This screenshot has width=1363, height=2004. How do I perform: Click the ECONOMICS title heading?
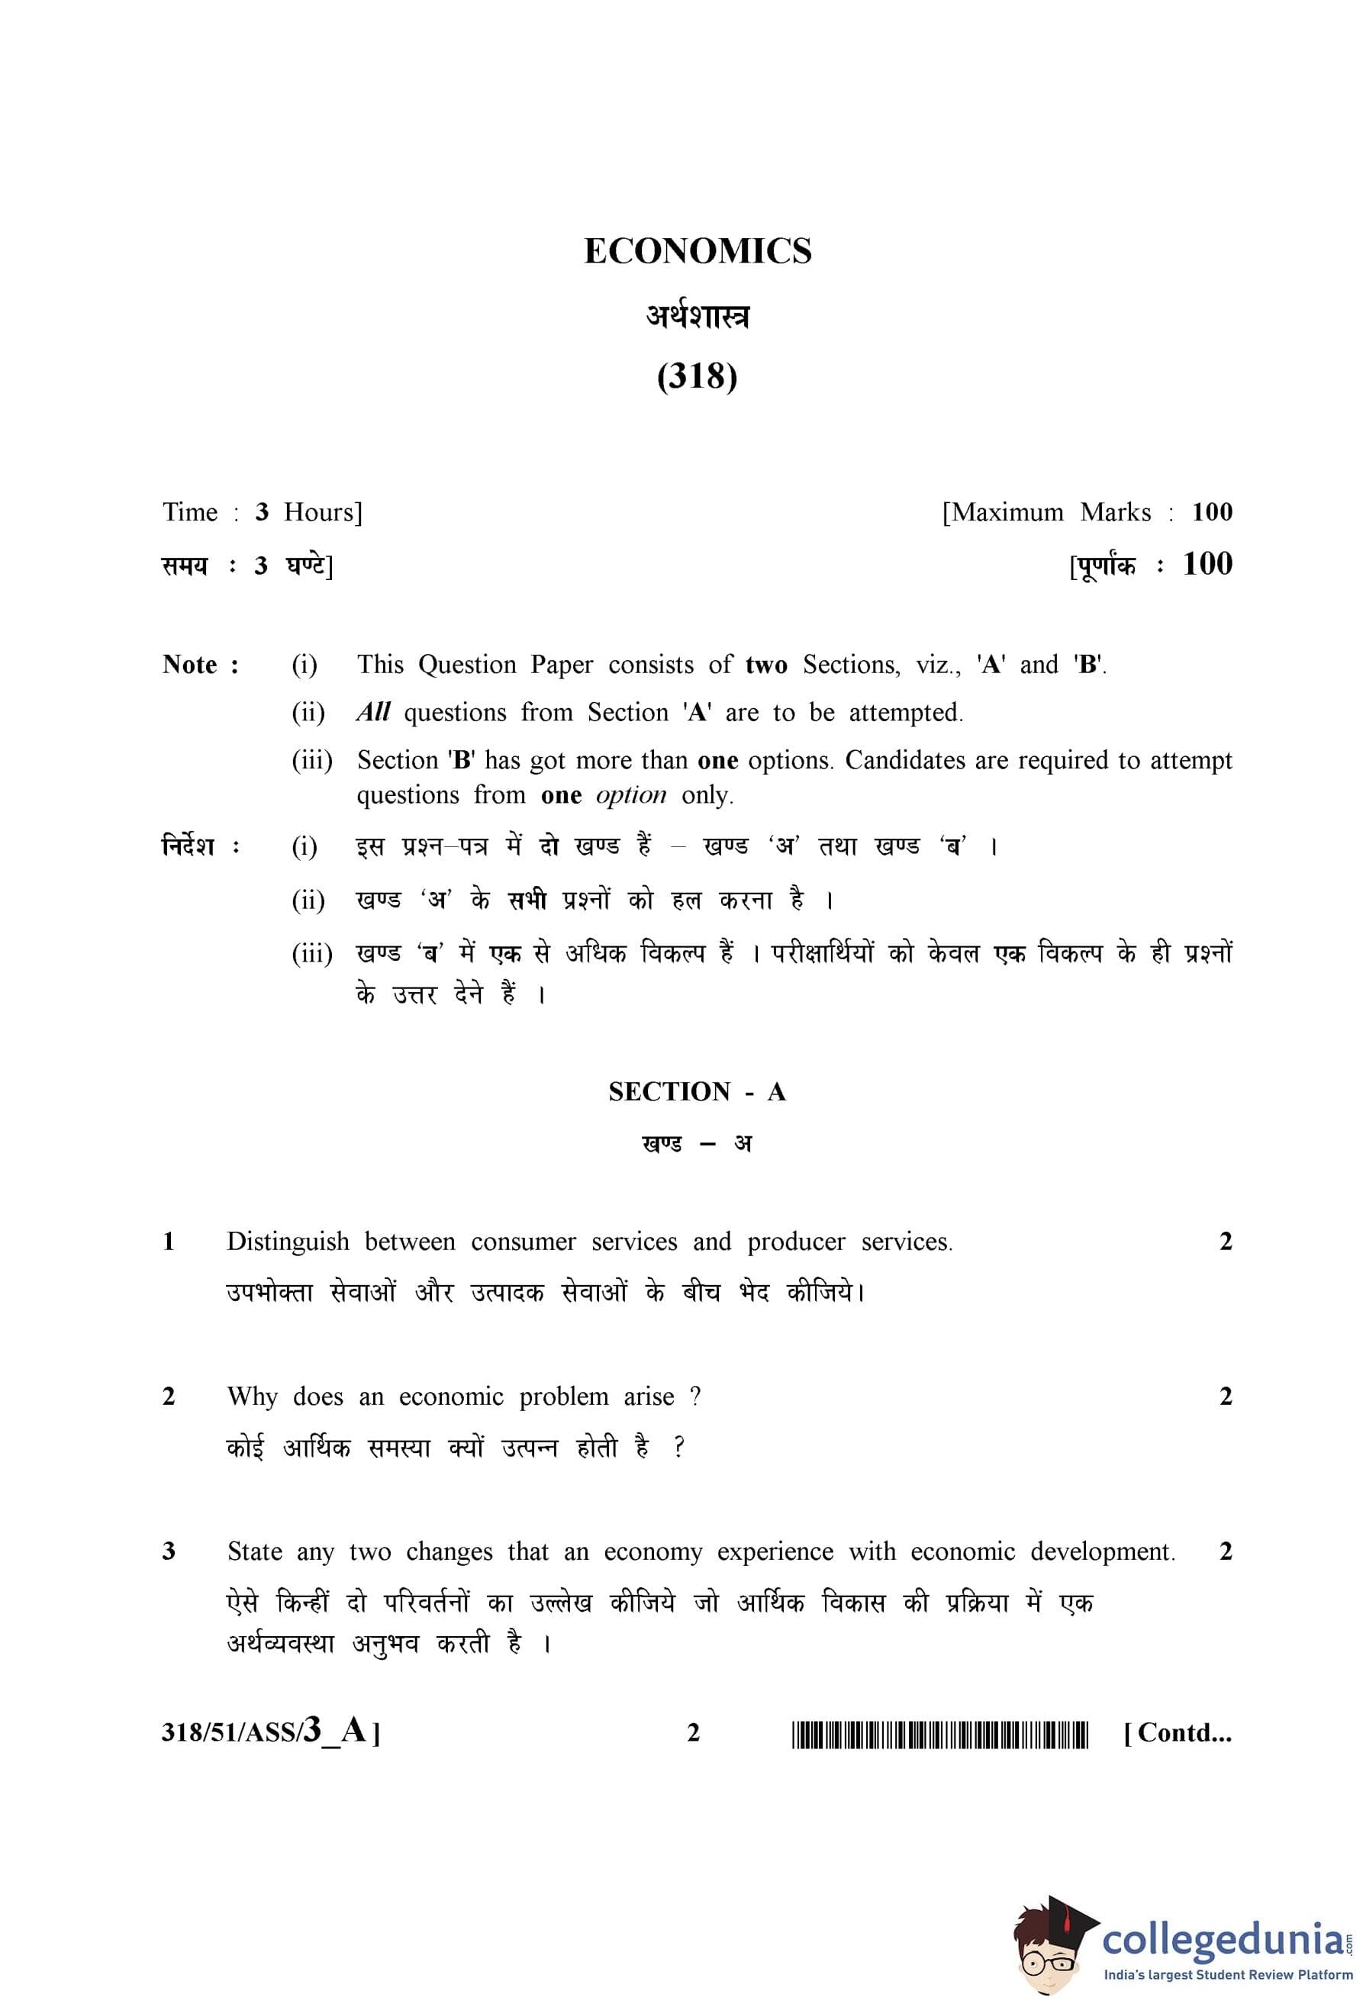pos(698,251)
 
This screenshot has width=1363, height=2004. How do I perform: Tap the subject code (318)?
pos(697,376)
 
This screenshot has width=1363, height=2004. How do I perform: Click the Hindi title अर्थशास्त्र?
pos(698,317)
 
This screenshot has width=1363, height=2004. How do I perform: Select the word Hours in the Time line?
pos(322,512)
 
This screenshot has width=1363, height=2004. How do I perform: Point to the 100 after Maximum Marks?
pos(1211,512)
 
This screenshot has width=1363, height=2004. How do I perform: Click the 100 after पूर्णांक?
pos(1207,564)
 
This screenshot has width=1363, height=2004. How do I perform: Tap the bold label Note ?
pos(201,665)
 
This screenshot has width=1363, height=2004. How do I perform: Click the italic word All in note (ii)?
pos(372,712)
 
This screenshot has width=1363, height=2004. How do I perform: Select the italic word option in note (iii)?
pos(631,794)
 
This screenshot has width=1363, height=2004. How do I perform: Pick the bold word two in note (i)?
pos(765,665)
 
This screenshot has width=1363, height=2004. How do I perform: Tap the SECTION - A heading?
pos(697,1092)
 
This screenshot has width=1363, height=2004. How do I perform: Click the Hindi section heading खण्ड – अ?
pos(697,1144)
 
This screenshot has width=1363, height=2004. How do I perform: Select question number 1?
pos(169,1242)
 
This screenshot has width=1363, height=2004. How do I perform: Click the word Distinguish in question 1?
pos(288,1242)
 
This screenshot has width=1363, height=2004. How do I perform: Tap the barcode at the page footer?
pos(939,1733)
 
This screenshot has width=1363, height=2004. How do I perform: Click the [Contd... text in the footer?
pos(1178,1732)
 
